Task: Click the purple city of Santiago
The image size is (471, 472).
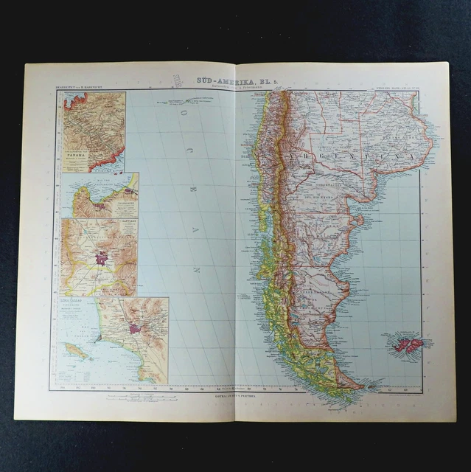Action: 102,258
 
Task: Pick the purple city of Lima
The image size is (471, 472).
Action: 134,328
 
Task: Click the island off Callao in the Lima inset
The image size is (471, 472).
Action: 76,350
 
